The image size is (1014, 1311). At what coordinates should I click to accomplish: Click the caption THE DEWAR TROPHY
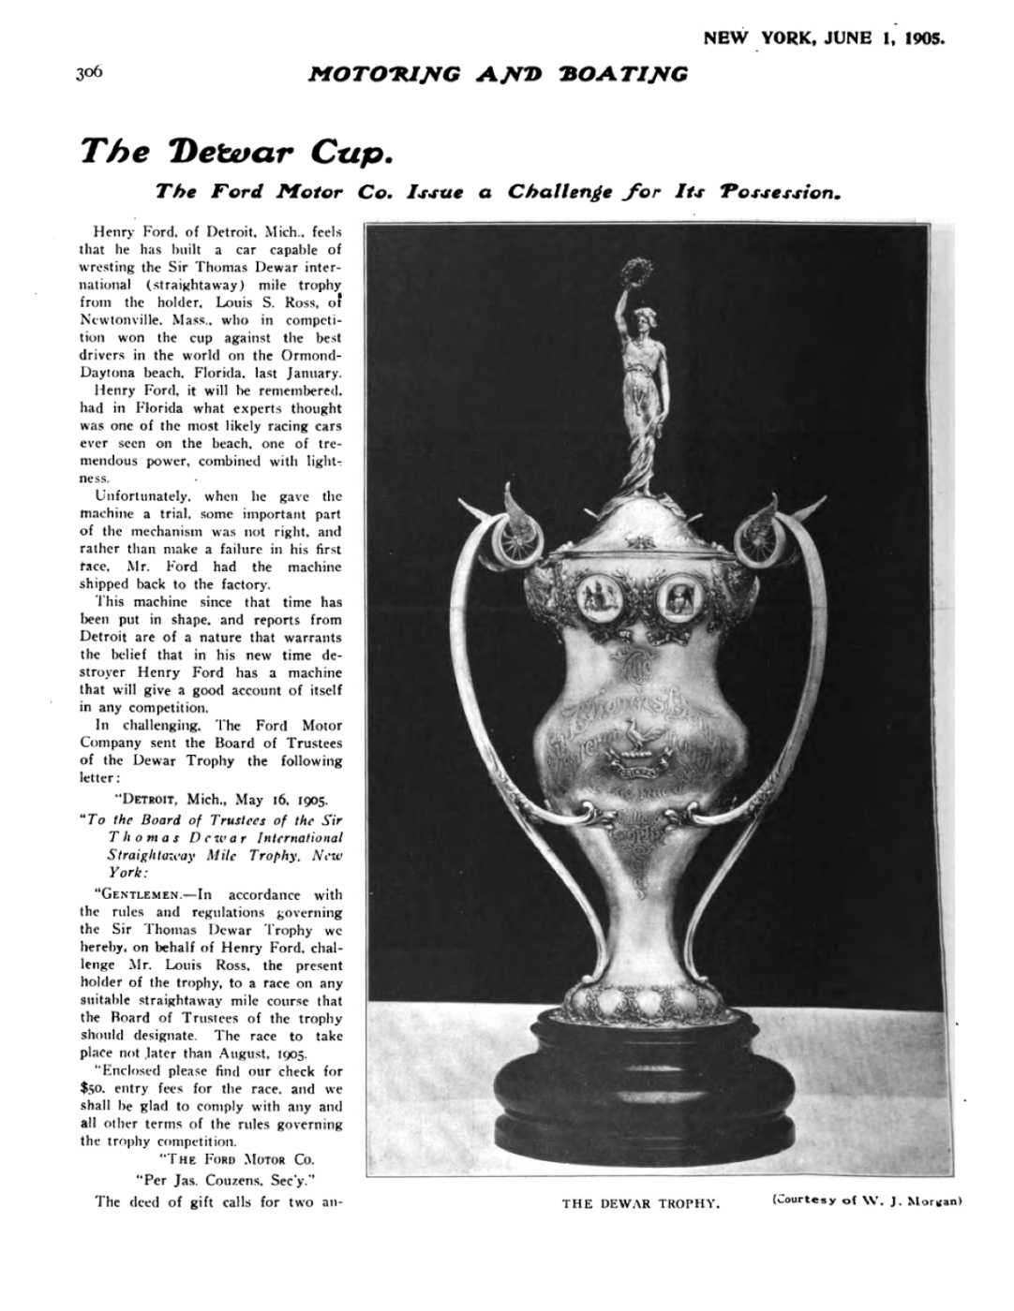tap(640, 1203)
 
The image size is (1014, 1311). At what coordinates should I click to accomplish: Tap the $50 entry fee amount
tap(91, 1089)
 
